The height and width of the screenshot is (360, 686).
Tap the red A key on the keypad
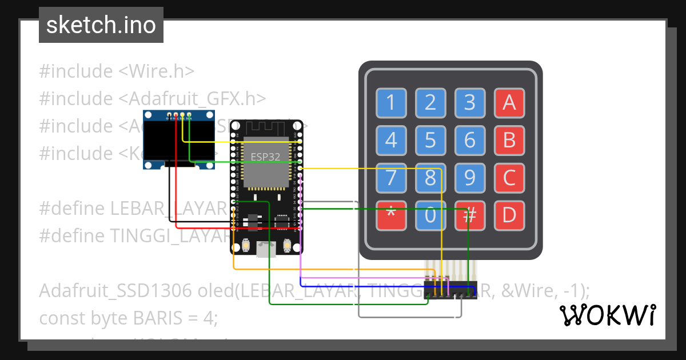(509, 103)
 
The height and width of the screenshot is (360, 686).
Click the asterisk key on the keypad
(391, 215)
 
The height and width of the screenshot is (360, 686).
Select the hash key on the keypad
(469, 215)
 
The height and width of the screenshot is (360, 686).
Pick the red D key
(509, 215)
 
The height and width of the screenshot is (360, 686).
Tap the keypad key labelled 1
(391, 103)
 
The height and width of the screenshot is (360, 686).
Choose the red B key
(509, 140)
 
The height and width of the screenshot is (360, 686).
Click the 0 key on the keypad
(430, 215)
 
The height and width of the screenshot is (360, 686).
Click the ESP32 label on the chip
(265, 156)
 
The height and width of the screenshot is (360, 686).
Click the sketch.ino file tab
(101, 25)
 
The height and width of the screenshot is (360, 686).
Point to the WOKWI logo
(607, 315)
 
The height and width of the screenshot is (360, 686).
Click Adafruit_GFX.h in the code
(193, 99)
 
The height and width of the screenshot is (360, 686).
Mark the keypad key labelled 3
(469, 103)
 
